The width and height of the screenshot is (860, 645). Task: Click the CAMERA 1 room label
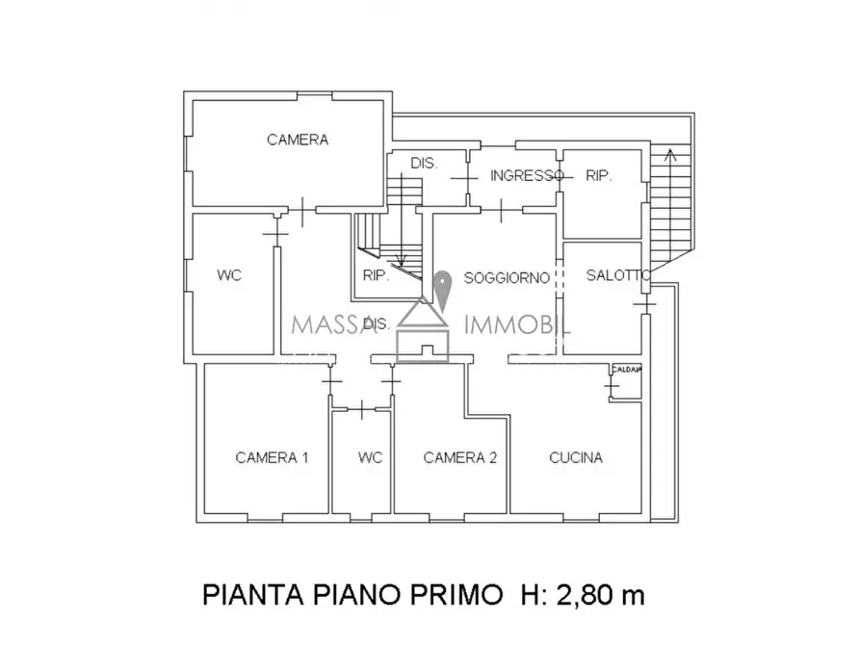272,457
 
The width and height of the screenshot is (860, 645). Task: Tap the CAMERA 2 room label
459,457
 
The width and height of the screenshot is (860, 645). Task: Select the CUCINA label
576,457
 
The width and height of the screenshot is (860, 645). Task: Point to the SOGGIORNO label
507,278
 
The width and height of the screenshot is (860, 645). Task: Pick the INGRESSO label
527,175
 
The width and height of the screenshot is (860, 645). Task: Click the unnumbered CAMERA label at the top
298,140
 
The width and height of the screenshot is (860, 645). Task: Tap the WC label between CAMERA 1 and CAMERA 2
370,457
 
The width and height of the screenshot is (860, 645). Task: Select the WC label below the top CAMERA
228,275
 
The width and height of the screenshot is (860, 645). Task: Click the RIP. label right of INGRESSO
599,175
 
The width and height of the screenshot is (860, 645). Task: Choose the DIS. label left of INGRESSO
424,164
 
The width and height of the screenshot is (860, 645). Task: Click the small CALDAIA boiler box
625,370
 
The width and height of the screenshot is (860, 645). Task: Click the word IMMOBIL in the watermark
518,324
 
